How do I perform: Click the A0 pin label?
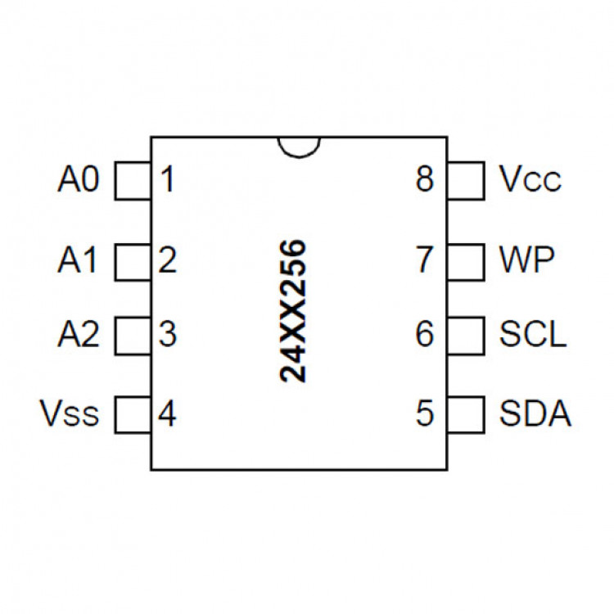pos(79,180)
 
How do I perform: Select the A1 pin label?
pos(79,261)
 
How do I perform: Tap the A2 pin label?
pos(79,335)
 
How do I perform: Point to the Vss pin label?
pos(70,414)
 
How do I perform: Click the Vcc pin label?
pos(530,180)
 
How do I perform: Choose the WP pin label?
pos(526,261)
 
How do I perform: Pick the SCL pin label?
pos(532,335)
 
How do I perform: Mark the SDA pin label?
pos(535,414)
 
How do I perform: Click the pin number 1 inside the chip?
pos(168,180)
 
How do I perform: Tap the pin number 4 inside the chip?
pos(168,414)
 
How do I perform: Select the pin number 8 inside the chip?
pos(424,180)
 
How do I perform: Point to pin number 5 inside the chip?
pos(424,414)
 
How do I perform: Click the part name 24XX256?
pos(292,311)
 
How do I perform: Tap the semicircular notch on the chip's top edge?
pos(298,146)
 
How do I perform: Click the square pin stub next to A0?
pos(133,181)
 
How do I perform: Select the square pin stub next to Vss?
pos(133,414)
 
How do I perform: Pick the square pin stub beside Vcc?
pos(465,181)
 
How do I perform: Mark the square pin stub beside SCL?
pos(465,335)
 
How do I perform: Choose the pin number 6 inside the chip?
pos(424,335)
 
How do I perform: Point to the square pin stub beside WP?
pos(465,261)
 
